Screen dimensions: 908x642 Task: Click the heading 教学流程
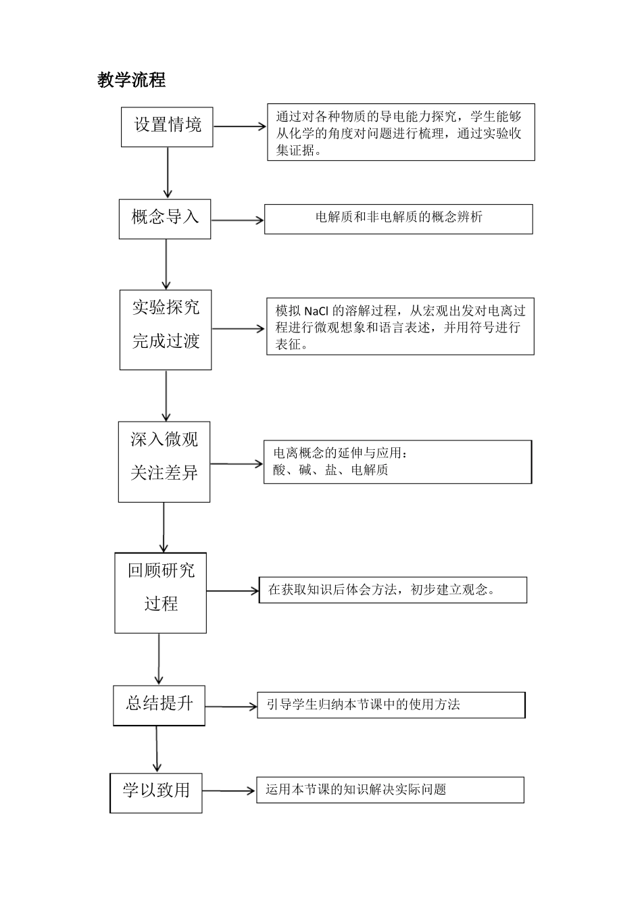131,80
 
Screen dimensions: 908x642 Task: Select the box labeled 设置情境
167,126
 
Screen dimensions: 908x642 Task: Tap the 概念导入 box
165,218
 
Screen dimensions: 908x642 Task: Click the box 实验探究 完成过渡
166,330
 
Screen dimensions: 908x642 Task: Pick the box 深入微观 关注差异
164,461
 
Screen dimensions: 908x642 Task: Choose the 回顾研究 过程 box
161,592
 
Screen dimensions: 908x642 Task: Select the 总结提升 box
159,705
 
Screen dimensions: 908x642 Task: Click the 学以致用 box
156,792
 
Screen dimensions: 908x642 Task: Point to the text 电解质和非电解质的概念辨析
399,218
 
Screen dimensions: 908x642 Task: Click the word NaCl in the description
316,311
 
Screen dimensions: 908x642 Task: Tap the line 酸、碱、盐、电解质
330,470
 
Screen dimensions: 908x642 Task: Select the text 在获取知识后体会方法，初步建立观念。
382,590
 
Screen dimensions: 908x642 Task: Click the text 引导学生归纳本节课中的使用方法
363,705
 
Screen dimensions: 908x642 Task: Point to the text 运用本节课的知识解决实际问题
355,790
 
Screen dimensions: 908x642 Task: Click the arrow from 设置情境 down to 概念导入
168,172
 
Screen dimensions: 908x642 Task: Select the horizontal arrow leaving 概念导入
237,220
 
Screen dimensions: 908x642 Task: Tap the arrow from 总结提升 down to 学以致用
157,749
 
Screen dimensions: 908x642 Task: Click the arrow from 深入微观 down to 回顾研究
164,527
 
